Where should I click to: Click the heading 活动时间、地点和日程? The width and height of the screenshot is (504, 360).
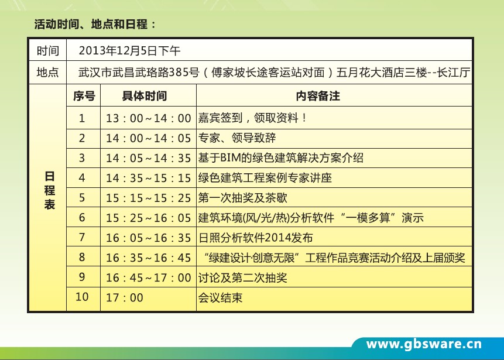tap(95, 25)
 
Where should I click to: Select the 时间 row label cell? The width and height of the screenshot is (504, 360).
tap(47, 50)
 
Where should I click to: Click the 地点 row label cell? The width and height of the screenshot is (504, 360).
tap(47, 73)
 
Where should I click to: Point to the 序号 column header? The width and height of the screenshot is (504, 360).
tap(83, 95)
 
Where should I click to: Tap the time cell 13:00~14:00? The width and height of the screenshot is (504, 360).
tap(149, 118)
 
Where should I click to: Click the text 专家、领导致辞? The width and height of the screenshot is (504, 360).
tap(237, 138)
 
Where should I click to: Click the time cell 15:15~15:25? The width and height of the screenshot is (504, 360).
tap(149, 198)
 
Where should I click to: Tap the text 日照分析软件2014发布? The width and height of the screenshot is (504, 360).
tap(256, 238)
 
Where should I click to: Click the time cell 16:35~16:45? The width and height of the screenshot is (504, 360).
tap(149, 258)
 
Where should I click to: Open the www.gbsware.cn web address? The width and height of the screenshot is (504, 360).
tap(424, 344)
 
